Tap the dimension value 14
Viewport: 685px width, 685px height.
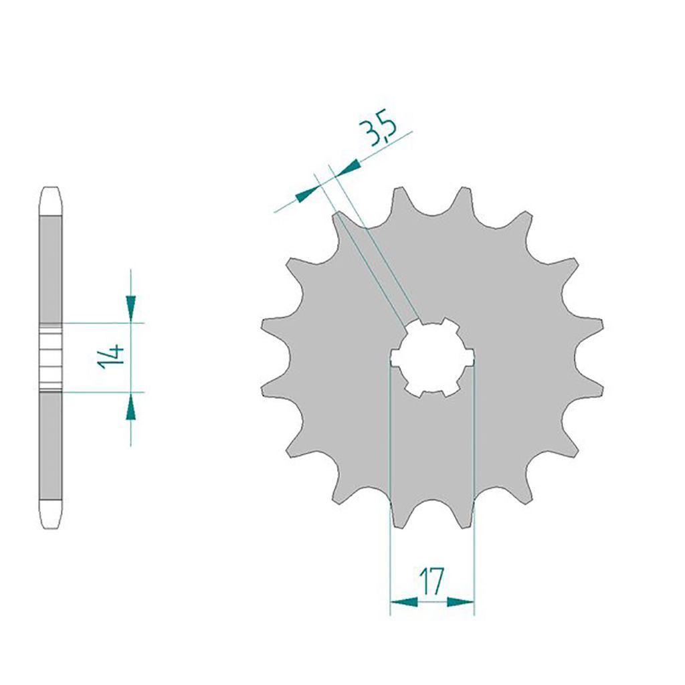(111, 356)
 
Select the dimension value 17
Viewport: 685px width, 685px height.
(431, 581)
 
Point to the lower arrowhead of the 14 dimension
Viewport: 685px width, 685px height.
(130, 410)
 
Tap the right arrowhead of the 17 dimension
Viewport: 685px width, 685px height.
(460, 603)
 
